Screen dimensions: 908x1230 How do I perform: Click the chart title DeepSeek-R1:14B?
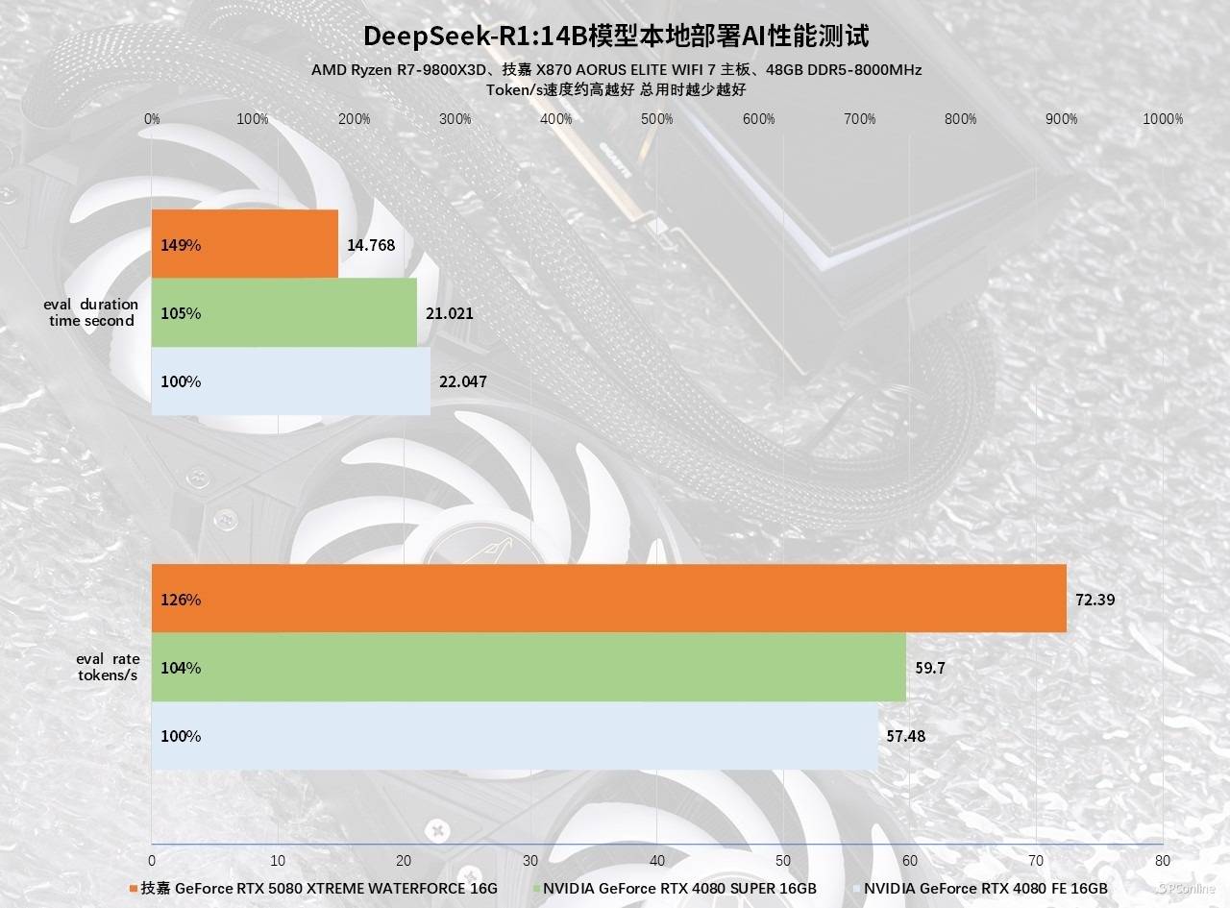616,37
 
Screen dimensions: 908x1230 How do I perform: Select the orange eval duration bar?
245,244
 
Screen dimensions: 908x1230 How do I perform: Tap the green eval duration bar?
284,312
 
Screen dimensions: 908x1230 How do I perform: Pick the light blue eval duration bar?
291,380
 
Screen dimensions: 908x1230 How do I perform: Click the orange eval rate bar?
608,599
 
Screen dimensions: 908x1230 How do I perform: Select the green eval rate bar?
529,667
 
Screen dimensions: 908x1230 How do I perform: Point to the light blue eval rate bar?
514,735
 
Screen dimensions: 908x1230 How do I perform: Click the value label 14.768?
371,245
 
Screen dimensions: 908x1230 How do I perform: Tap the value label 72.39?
1095,600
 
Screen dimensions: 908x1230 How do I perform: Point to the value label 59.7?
930,668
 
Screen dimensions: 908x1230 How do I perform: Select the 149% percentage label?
181,245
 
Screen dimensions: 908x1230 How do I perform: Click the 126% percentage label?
181,600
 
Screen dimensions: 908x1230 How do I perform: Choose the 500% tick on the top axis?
657,119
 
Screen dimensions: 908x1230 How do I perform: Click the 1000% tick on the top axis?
1164,119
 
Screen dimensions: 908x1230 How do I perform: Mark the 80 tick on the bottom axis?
1163,860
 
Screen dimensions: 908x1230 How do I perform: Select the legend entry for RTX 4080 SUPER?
678,888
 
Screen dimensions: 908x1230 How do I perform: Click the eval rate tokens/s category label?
108,667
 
